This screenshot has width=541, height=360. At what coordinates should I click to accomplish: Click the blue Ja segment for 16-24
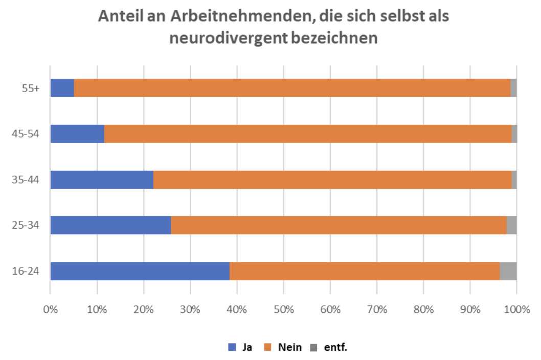[x=140, y=271]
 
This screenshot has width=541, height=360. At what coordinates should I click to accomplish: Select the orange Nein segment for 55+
[x=292, y=88]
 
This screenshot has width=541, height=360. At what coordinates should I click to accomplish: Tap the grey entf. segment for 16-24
[x=508, y=271]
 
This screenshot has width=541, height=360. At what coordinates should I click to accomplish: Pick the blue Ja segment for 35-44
[x=102, y=179]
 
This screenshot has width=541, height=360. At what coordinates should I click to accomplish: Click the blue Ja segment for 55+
[x=62, y=88]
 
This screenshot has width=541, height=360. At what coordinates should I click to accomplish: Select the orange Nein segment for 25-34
[x=339, y=225]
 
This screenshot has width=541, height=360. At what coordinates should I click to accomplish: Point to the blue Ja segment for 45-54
[x=77, y=133]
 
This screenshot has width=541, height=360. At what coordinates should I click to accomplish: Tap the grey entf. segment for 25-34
[x=511, y=225]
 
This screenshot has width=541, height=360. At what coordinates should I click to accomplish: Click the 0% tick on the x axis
[x=50, y=309]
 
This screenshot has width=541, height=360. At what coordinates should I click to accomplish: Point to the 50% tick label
[x=283, y=309]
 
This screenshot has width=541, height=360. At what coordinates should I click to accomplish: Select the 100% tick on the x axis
[x=516, y=309]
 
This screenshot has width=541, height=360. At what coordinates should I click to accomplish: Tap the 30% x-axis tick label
[x=190, y=309]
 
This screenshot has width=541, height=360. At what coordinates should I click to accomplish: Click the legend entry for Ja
[x=240, y=347]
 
